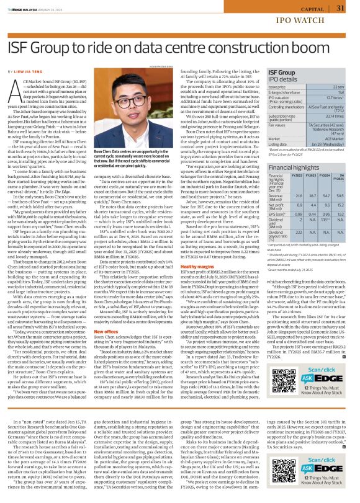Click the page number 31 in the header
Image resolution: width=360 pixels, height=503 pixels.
tap(340, 7)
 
